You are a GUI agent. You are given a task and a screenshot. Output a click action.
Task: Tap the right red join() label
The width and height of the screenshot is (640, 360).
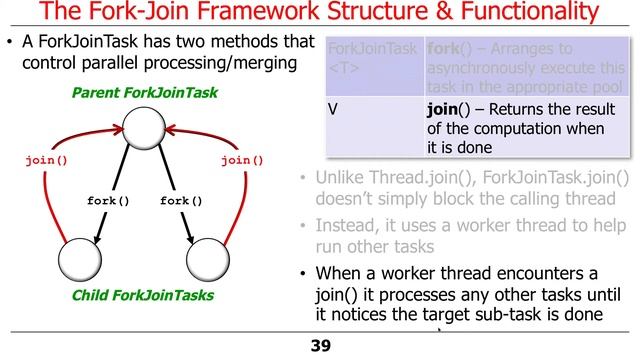click(x=242, y=159)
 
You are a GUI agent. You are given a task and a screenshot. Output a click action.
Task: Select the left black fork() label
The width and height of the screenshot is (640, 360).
click(x=109, y=200)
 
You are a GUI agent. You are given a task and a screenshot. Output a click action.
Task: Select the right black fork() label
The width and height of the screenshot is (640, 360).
click(x=182, y=200)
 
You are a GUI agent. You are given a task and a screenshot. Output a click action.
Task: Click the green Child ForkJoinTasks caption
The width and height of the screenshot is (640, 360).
click(x=143, y=296)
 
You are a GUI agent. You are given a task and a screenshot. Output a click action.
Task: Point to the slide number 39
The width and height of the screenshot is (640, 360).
click(x=320, y=346)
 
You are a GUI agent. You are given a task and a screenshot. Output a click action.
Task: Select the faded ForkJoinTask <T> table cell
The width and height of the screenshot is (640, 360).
click(x=359, y=58)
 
